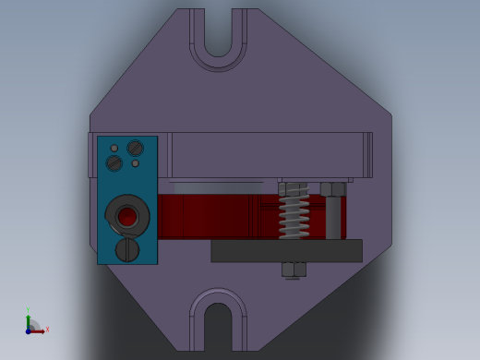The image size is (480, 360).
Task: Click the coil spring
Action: [294, 211]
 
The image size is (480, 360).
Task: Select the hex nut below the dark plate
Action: [294, 270]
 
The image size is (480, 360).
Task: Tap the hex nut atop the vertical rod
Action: [332, 189]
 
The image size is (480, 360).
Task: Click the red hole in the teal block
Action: [127, 217]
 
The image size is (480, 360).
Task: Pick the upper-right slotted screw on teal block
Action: [136, 148]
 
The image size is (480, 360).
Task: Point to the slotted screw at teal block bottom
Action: [127, 249]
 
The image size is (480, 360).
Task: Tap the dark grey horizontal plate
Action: [286, 251]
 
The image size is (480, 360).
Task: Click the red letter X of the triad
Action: [46, 329]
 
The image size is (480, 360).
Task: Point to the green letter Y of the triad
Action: [28, 311]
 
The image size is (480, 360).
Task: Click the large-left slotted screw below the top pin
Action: [114, 163]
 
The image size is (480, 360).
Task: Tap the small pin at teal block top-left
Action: [114, 148]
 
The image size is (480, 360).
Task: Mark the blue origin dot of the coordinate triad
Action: [28, 330]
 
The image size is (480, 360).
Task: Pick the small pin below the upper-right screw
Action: [136, 163]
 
